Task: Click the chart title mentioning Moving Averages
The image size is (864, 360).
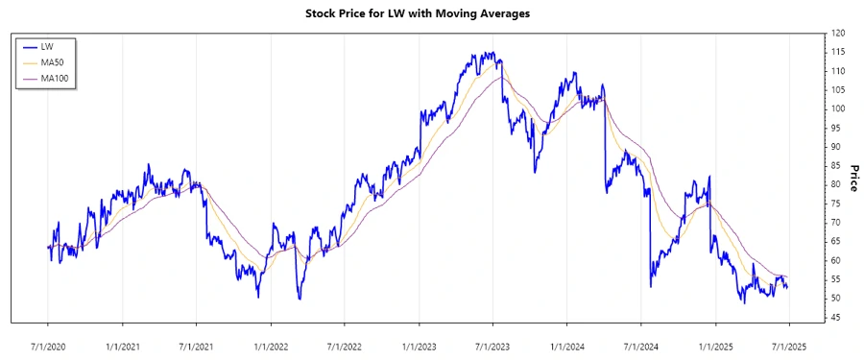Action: pos(430,14)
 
